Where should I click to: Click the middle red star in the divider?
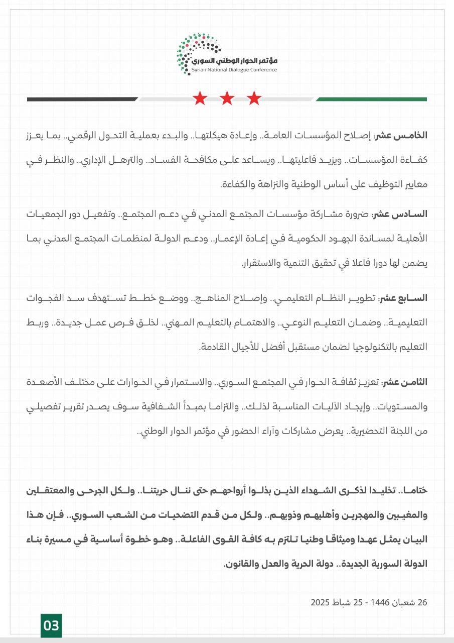point(227,98)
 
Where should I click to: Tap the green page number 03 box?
point(51,625)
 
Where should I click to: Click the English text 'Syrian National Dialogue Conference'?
point(234,70)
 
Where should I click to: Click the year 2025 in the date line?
point(320,602)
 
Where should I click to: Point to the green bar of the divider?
point(371,99)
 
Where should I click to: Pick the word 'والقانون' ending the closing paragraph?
point(240,565)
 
